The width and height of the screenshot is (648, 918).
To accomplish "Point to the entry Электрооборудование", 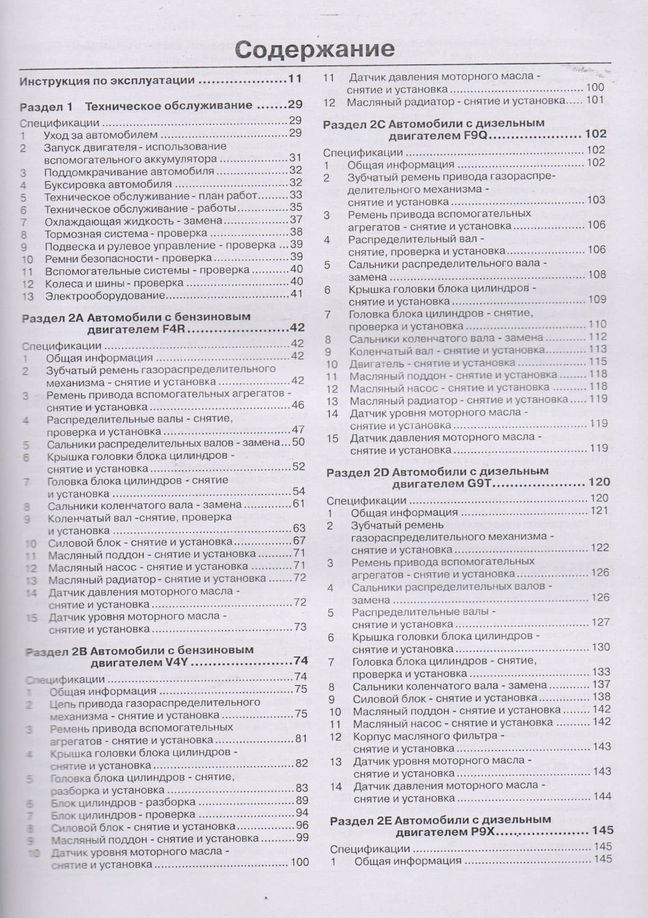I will pos(105,296).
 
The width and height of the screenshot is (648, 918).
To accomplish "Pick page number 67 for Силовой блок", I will pos(299,541).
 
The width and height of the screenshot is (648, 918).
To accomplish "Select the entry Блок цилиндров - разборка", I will pos(123,802).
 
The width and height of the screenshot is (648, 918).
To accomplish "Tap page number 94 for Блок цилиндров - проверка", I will pos(302,813).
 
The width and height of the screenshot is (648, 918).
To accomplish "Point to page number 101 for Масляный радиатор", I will pos(595,100).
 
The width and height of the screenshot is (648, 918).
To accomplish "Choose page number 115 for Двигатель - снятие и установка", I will pos(598,362).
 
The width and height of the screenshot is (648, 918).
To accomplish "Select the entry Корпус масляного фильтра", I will pos(428,736).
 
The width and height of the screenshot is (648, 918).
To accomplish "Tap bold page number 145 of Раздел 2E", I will pos(603,830).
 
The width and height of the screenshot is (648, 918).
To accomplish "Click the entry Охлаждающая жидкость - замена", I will pos(133,221).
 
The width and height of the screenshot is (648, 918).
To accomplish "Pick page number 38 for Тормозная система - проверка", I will pos(296,232).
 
